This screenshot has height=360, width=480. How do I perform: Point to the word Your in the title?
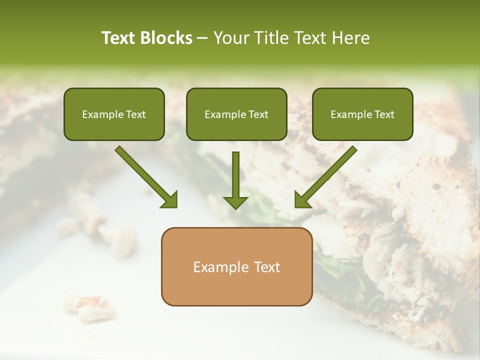230,38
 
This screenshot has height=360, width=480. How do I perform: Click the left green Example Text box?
114,114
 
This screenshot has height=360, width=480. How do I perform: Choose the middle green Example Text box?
236,114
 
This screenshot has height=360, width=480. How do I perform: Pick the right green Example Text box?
362,114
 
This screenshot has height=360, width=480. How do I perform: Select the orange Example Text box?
236,266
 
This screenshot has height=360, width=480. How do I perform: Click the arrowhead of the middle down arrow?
235,202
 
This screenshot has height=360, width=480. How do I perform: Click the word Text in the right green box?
384,114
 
